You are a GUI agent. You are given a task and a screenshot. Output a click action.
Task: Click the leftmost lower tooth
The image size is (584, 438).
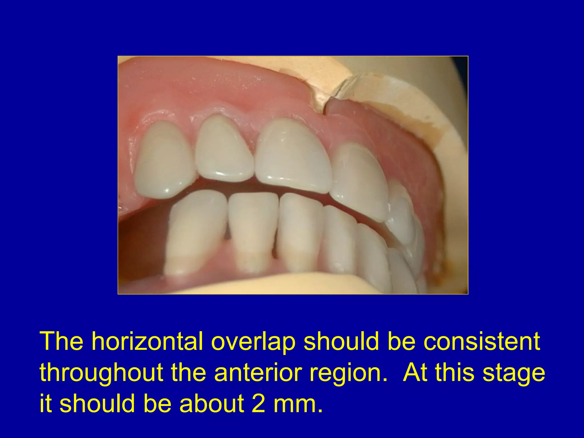[x=195, y=231]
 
